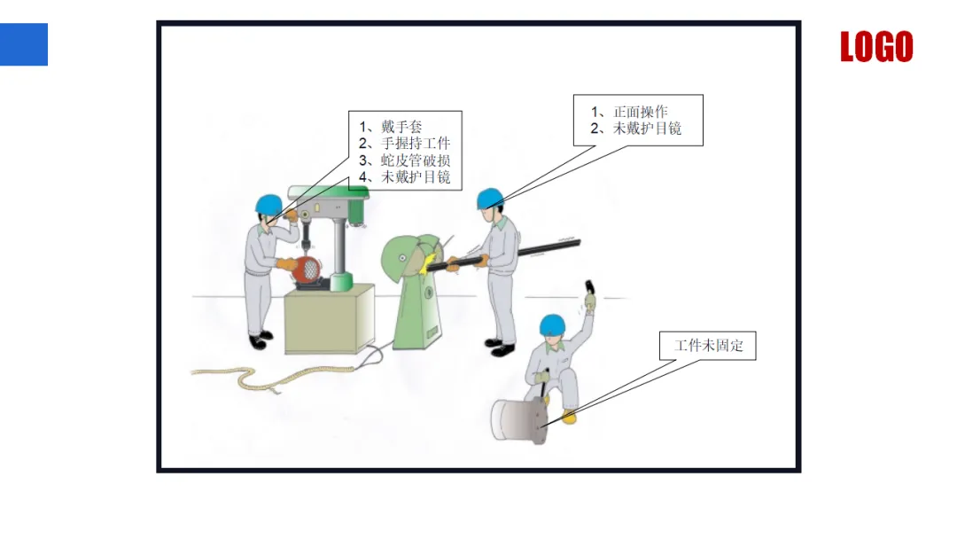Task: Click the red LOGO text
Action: click(875, 47)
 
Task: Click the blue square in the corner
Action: click(24, 44)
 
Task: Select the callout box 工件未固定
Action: click(708, 346)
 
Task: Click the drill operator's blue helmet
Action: click(268, 204)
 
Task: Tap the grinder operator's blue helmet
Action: click(490, 199)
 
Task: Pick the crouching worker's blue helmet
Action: click(553, 324)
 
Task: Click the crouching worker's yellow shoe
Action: click(569, 417)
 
